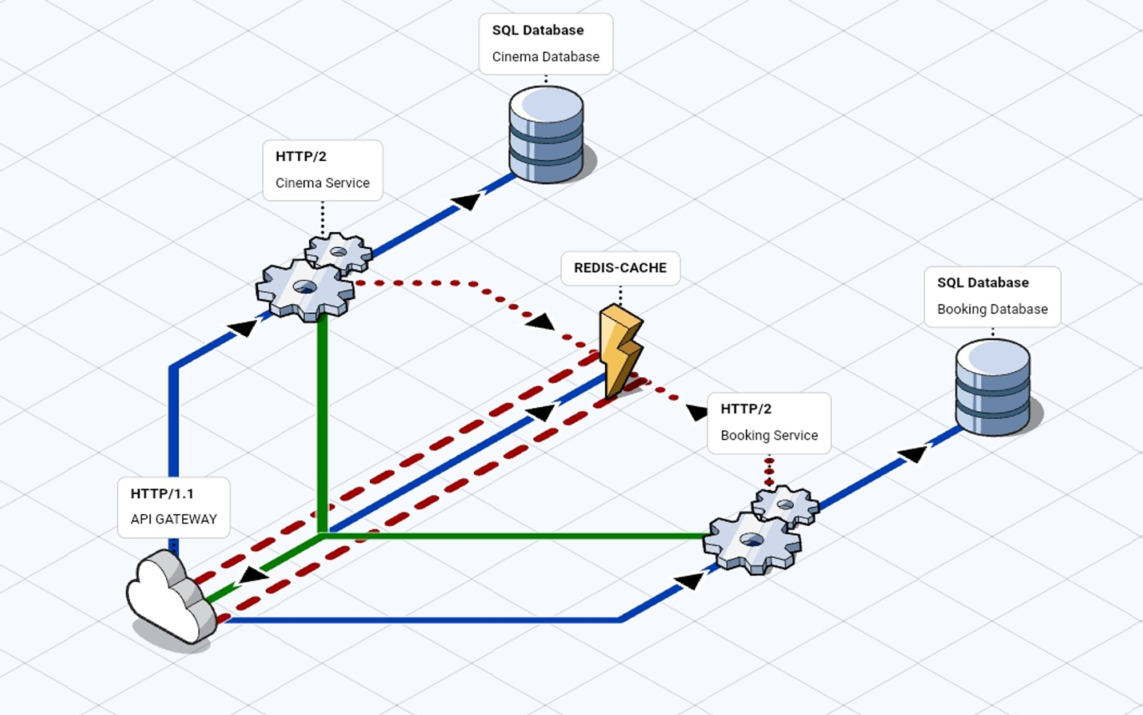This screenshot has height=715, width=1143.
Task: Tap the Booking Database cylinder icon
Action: (993, 387)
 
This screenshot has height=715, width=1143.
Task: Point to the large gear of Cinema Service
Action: (305, 289)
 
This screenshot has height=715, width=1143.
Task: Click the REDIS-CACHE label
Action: (620, 268)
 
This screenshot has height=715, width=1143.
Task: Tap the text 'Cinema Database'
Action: (546, 57)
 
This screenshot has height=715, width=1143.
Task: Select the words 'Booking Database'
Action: (992, 309)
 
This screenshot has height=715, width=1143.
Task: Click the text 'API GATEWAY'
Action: (174, 519)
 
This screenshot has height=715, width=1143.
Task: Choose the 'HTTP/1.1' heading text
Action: (162, 493)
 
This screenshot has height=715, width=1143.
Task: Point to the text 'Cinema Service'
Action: (322, 183)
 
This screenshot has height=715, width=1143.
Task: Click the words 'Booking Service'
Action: (769, 435)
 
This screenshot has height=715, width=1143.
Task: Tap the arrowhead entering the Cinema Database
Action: (467, 201)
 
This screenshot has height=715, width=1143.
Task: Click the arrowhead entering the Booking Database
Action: (913, 454)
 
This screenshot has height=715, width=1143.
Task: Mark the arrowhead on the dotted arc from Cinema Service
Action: (540, 321)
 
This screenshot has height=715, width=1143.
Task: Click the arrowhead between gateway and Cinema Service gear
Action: (243, 328)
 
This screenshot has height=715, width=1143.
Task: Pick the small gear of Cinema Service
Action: (338, 252)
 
